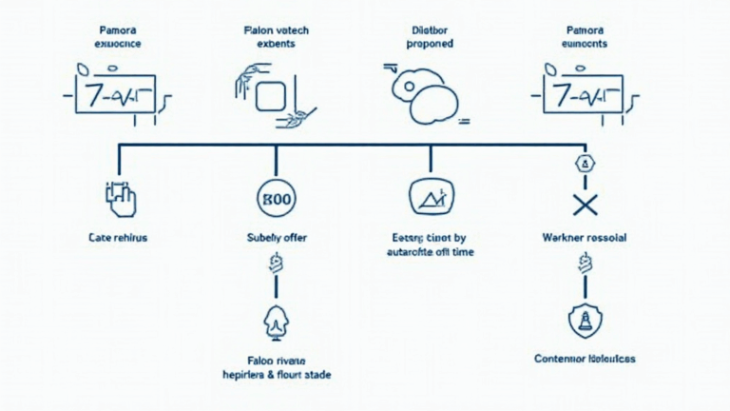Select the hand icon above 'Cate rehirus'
tap(120, 198)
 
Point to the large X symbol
tap(584, 203)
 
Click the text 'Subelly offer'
tap(277, 237)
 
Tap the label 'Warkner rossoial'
tap(584, 237)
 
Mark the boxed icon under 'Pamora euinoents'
tap(583, 95)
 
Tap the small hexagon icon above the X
tap(585, 166)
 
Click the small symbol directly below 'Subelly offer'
tap(277, 264)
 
